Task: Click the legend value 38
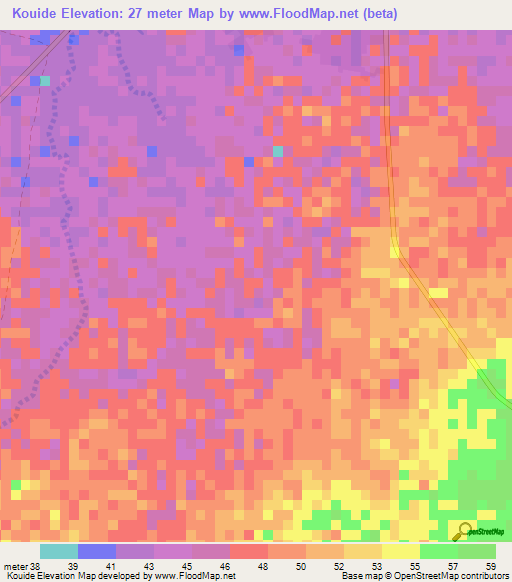click(x=35, y=565)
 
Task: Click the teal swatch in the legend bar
click(x=59, y=551)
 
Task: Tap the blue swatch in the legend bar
click(x=97, y=551)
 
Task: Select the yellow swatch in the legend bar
click(x=401, y=551)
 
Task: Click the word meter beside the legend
click(x=14, y=565)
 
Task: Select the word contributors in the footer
click(x=484, y=576)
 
